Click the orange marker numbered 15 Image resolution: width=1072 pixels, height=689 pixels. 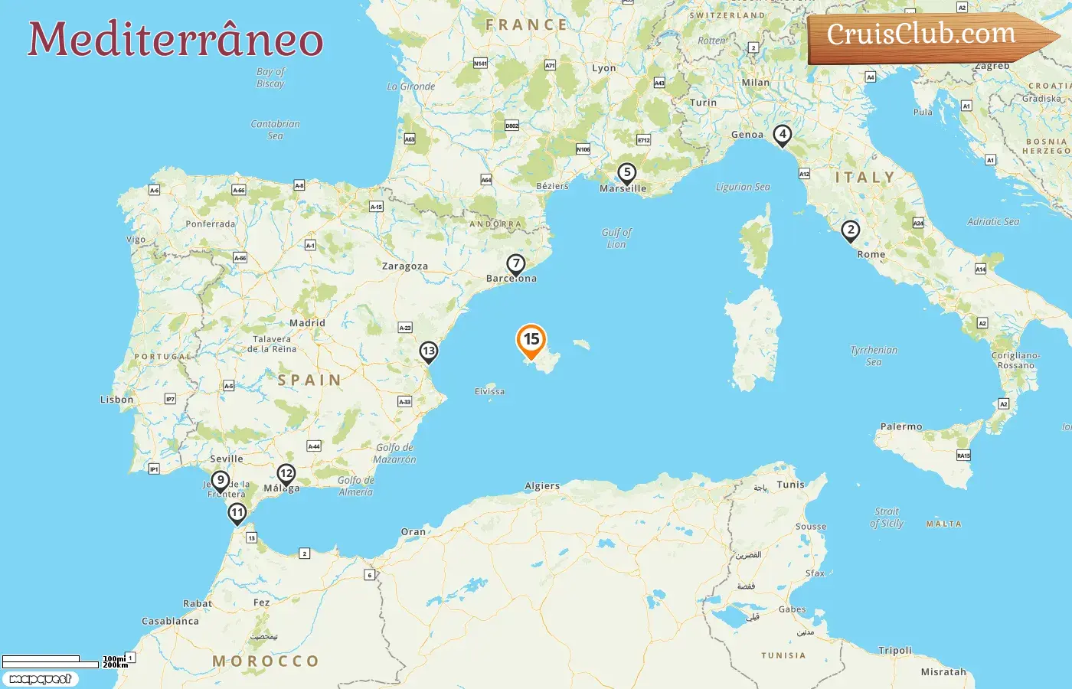(531, 340)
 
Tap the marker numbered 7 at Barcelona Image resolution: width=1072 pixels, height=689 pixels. (516, 264)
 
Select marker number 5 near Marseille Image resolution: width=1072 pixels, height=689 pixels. (627, 173)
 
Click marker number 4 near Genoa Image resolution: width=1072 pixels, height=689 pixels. (782, 135)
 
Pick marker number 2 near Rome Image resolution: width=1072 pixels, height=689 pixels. (850, 230)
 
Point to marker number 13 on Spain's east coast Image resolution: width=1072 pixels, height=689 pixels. (428, 351)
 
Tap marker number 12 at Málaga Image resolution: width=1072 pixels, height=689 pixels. (286, 474)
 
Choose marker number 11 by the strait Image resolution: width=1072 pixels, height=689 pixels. (237, 513)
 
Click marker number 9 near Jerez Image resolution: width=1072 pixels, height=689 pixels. (221, 481)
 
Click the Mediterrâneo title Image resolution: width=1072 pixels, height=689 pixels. (175, 40)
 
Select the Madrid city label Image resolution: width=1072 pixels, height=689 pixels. (307, 323)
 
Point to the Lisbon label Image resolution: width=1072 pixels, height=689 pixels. (116, 400)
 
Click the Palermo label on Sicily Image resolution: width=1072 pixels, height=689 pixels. (901, 426)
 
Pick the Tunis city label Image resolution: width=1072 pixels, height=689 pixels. (790, 485)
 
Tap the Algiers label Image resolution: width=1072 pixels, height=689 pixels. (542, 486)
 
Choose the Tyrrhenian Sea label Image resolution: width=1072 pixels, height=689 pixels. (874, 356)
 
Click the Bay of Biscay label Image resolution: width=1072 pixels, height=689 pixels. (270, 77)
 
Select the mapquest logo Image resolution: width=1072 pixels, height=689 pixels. (40, 679)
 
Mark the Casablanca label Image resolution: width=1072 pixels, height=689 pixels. (170, 621)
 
